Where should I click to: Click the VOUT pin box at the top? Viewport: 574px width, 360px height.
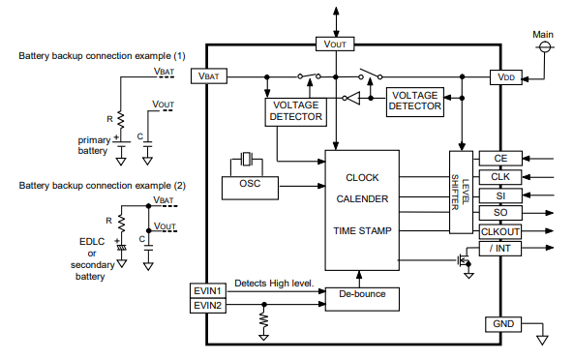point(335,44)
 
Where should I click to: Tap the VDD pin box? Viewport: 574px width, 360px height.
point(505,75)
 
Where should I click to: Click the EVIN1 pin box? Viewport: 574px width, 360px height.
point(209,290)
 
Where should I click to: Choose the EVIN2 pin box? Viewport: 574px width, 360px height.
point(209,305)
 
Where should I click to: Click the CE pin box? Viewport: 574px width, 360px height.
point(499,159)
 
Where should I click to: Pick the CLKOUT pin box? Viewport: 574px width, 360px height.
point(499,231)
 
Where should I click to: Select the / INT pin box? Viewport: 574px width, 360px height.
point(499,251)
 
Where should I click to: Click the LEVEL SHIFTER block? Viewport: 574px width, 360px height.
point(461,192)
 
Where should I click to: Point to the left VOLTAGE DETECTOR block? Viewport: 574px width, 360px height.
point(295,110)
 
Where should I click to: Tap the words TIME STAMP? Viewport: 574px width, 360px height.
point(362,231)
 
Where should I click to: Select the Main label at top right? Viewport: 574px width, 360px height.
point(542,35)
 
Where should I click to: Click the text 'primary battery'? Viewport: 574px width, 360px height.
point(94,145)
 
